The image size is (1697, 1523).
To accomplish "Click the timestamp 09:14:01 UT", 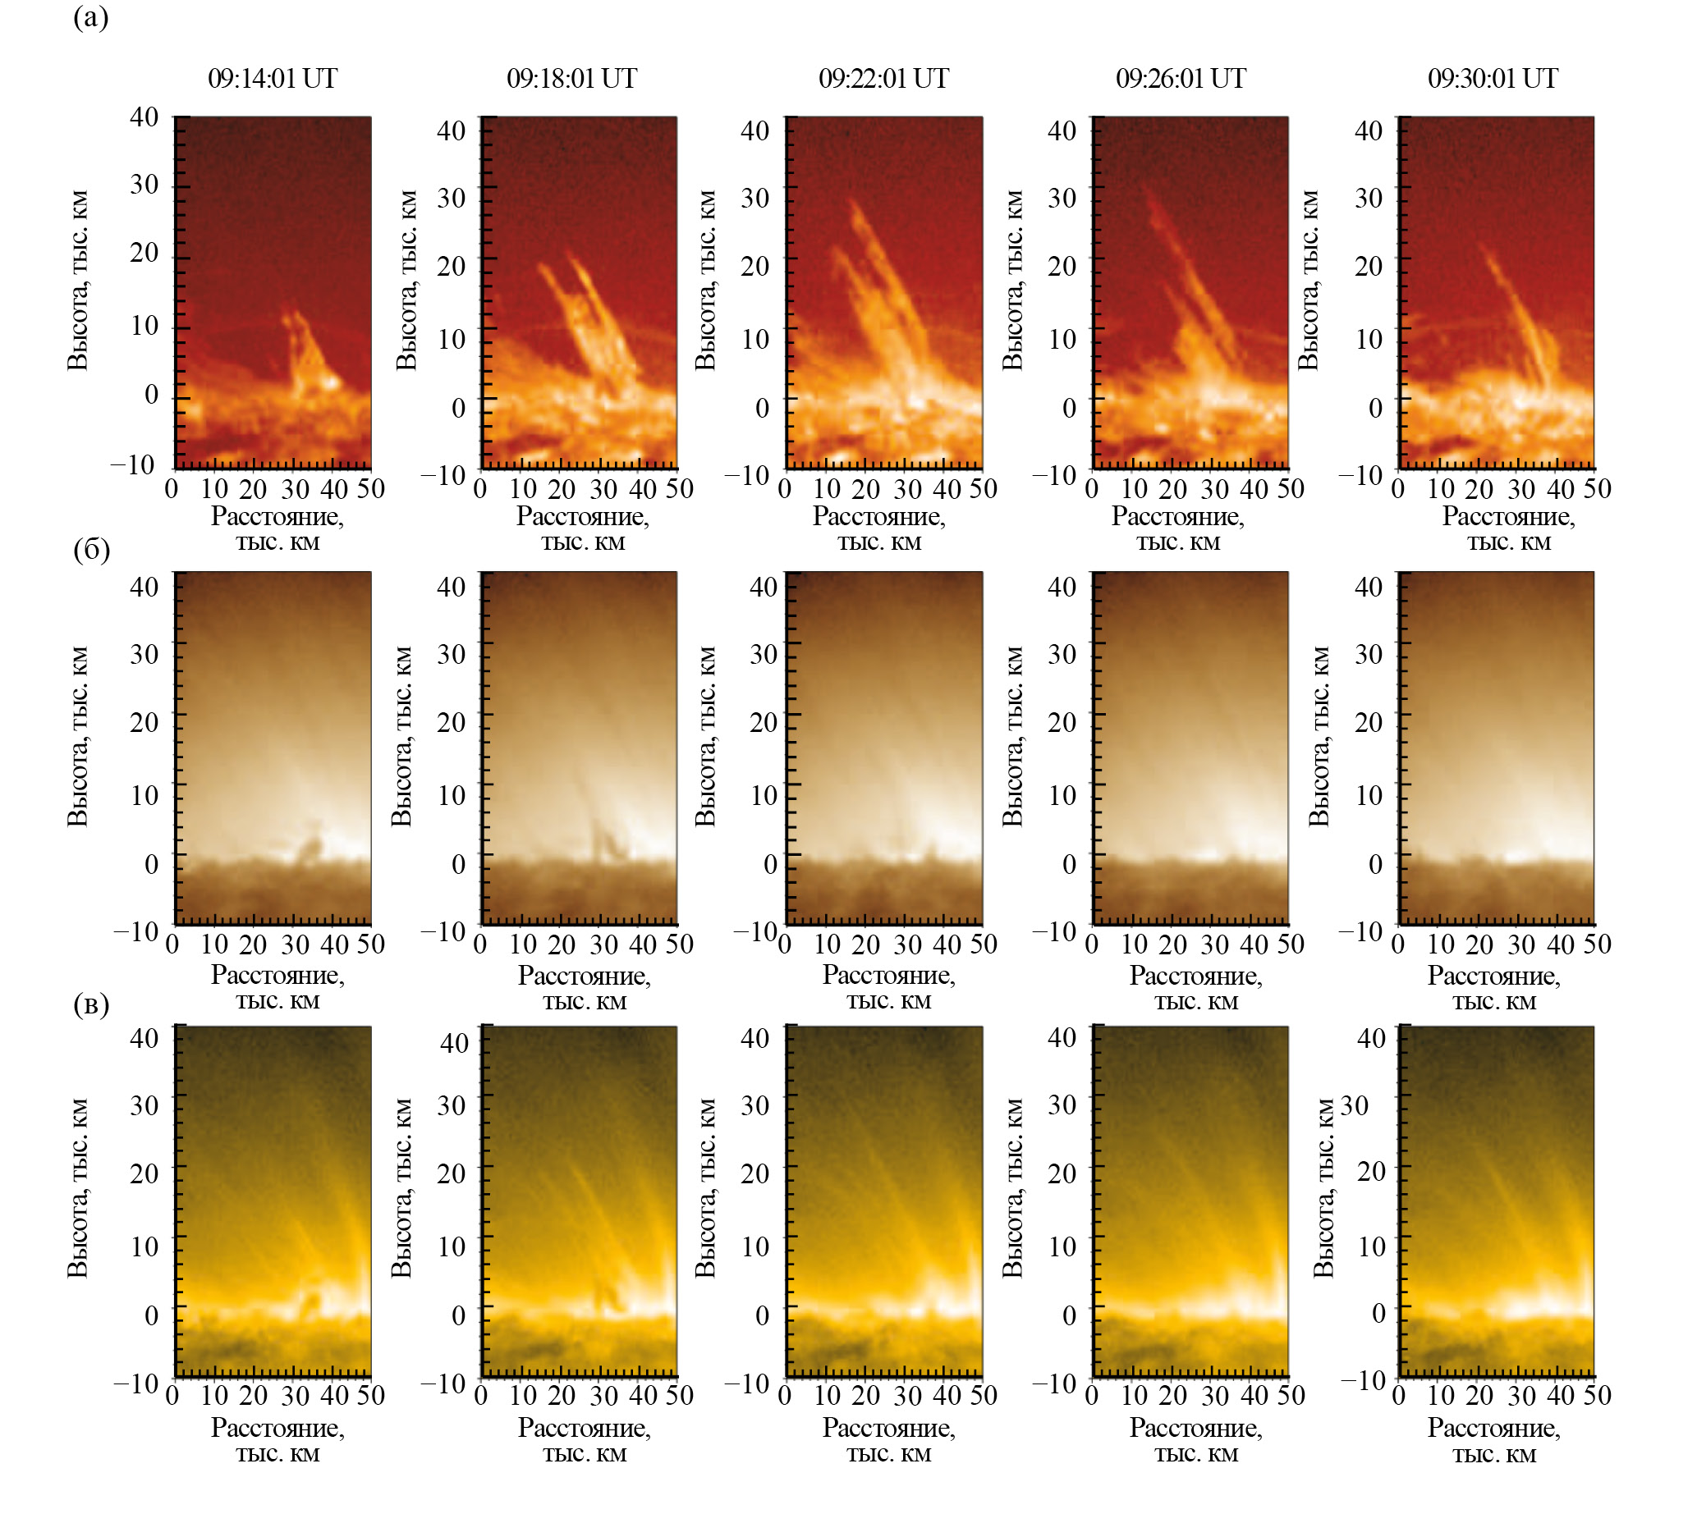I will (x=272, y=79).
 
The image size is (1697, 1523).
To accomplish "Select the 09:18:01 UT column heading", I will (x=571, y=79).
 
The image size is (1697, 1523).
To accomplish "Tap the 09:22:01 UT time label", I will (x=883, y=79).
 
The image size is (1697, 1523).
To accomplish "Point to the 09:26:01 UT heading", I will (x=1181, y=79).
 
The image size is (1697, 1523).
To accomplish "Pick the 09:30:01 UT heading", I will (x=1493, y=79).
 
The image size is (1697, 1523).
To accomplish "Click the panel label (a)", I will (x=90, y=17).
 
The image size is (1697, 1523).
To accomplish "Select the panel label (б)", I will (x=91, y=550).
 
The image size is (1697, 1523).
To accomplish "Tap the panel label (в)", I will (x=91, y=1004).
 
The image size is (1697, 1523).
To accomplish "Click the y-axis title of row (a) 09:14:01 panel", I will (x=77, y=281).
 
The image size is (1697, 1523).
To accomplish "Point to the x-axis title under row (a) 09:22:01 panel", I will (x=879, y=529).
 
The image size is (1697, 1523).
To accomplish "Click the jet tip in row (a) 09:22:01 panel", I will (x=853, y=203).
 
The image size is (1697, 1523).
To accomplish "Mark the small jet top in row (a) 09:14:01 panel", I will (x=293, y=315).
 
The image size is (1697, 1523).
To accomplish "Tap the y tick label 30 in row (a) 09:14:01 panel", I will (x=144, y=184).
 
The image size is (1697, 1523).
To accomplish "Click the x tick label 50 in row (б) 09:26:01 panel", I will (x=1290, y=944).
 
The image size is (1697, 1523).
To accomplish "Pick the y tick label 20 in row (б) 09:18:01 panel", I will (x=452, y=722).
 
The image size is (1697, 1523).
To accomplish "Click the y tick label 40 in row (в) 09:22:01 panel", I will (x=754, y=1039).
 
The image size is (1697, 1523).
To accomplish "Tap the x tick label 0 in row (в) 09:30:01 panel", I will (x=1397, y=1395).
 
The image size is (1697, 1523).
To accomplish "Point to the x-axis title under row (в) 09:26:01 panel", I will (x=1195, y=1440).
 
